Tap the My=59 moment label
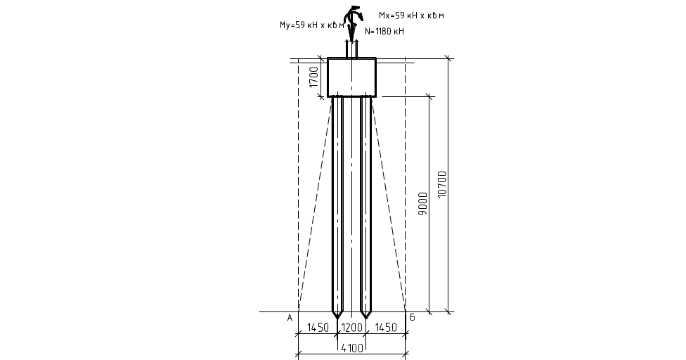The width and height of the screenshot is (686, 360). (x=311, y=25)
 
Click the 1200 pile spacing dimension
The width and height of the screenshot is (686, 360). (x=351, y=328)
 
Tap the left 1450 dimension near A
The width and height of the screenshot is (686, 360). (x=318, y=328)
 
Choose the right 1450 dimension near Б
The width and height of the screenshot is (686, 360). (x=386, y=328)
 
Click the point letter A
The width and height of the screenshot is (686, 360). (x=290, y=318)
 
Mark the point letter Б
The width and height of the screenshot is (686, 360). (x=412, y=318)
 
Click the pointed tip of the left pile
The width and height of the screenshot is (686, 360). (x=337, y=314)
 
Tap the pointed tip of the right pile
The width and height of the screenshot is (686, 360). (x=365, y=314)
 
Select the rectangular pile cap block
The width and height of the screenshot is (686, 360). (x=351, y=77)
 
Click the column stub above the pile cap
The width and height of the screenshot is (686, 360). (x=351, y=50)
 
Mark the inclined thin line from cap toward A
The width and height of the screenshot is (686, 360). (x=315, y=204)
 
